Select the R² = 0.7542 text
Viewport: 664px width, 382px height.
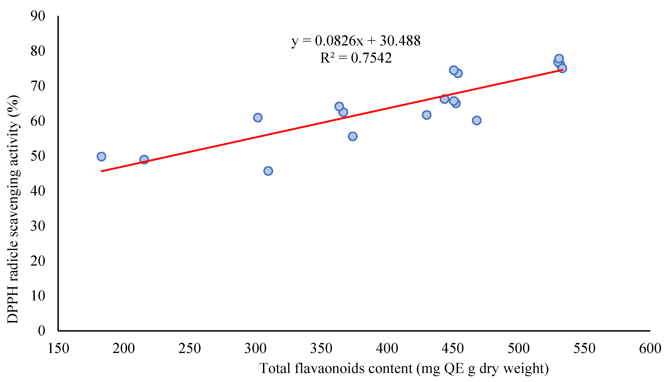[356, 58]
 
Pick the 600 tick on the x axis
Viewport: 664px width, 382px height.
[650, 349]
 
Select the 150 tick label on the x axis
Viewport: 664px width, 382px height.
[58, 349]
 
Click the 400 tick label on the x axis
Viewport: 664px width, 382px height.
[387, 349]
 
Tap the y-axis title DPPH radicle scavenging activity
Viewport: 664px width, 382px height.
[13, 209]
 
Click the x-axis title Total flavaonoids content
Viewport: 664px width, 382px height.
[404, 369]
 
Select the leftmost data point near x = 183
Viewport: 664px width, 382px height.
[101, 157]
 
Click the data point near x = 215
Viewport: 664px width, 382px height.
[144, 160]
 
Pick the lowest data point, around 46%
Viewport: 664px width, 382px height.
[268, 171]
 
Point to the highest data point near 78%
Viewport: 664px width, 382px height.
[559, 59]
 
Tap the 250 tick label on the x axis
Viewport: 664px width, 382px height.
[190, 349]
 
